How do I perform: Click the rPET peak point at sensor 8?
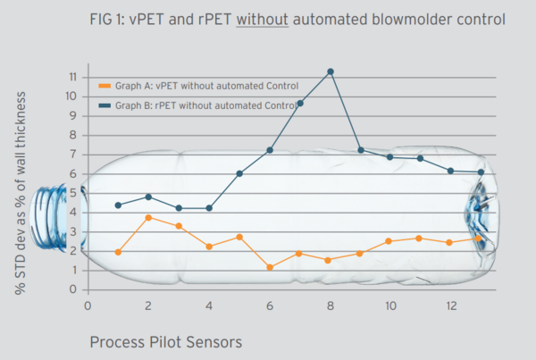click(x=331, y=71)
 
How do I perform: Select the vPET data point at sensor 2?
click(x=148, y=217)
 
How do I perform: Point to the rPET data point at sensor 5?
click(x=239, y=173)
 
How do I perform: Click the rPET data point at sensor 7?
click(x=300, y=103)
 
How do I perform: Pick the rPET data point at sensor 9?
click(x=360, y=150)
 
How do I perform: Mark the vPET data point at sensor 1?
click(x=118, y=252)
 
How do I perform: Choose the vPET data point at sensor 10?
click(x=390, y=241)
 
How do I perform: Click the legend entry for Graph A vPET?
click(x=197, y=87)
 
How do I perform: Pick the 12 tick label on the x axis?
click(x=451, y=306)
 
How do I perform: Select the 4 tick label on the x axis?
click(x=209, y=306)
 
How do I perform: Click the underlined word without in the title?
click(x=260, y=17)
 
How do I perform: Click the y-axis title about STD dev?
click(x=21, y=193)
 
